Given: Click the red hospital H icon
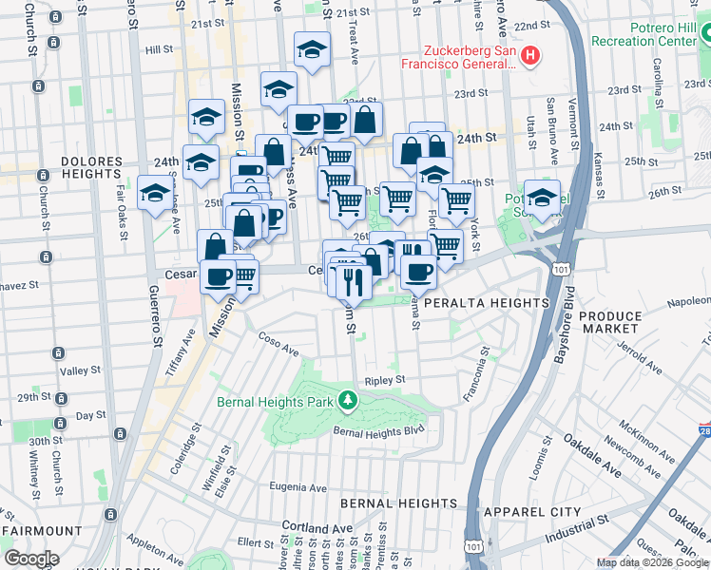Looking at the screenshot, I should click(x=530, y=57).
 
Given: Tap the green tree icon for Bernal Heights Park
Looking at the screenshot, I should click(x=348, y=402).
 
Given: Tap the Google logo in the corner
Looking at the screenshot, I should click(x=30, y=559).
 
